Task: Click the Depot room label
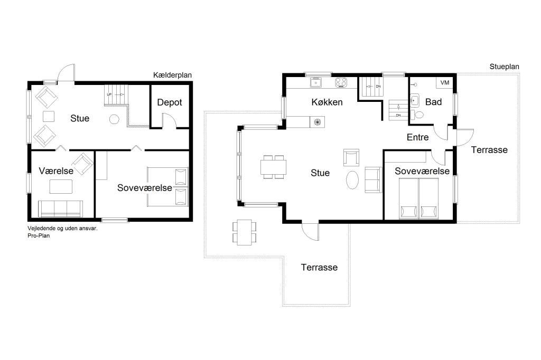pos(170,102)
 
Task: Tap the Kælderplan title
pos(172,75)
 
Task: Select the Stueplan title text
pos(504,67)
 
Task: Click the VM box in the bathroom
pos(445,83)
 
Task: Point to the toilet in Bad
pos(418,115)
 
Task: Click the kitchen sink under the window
pos(316,83)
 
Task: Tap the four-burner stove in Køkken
pos(341,82)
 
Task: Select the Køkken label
pos(327,102)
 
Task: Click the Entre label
pos(417,137)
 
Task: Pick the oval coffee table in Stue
pos(352,179)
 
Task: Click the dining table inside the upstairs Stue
pos(273,167)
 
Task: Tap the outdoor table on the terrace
pos(244,232)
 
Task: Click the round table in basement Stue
pos(114,120)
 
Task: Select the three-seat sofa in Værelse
pos(60,209)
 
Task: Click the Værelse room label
pos(56,170)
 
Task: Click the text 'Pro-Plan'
pos(39,236)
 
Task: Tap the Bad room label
pos(433,102)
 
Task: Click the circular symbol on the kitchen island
pos(317,121)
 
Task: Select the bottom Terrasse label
pos(319,267)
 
